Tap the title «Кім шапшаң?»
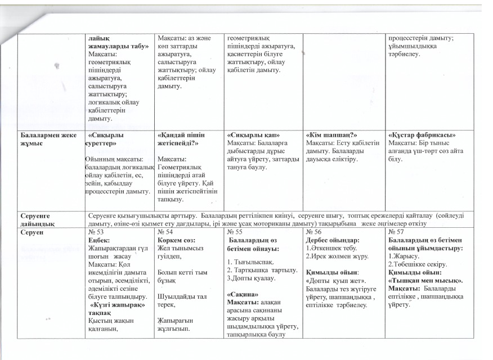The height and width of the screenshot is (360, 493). coord(329,136)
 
